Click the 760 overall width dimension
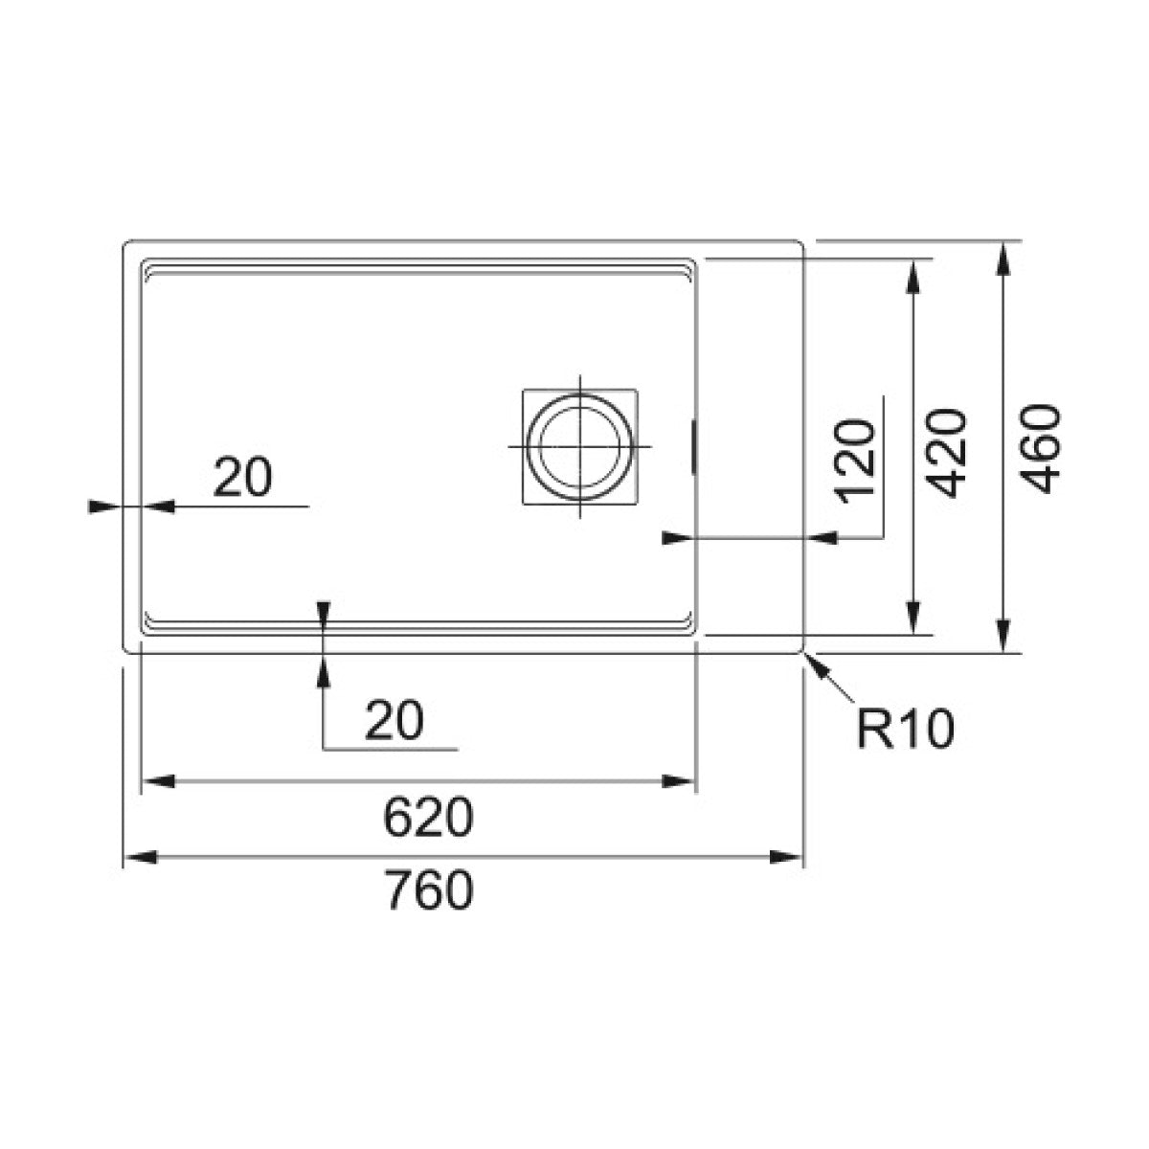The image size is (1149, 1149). (x=429, y=890)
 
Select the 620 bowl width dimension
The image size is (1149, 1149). (x=428, y=817)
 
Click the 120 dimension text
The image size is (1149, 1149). (x=856, y=462)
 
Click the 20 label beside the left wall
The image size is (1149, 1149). (x=242, y=477)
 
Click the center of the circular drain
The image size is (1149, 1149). (x=579, y=446)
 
